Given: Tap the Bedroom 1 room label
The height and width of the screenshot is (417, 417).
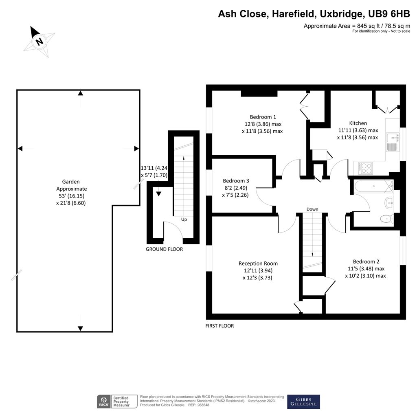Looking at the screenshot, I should pyautogui.click(x=263, y=115).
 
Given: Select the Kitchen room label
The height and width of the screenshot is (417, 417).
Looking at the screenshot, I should pyautogui.click(x=358, y=123).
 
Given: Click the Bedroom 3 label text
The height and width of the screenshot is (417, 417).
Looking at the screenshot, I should pyautogui.click(x=236, y=181).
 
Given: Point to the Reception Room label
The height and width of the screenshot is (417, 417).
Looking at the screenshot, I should pyautogui.click(x=258, y=263).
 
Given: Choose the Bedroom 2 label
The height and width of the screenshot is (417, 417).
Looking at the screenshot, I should pyautogui.click(x=366, y=261).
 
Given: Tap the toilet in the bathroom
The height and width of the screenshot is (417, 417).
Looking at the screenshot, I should pyautogui.click(x=386, y=219).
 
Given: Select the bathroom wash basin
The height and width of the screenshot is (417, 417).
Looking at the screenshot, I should pyautogui.click(x=389, y=202).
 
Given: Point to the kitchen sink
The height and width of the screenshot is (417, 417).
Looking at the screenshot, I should pyautogui.click(x=393, y=140).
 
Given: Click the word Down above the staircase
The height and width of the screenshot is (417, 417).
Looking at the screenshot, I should pyautogui.click(x=312, y=209).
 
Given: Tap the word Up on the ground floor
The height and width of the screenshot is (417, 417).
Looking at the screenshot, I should pyautogui.click(x=184, y=219).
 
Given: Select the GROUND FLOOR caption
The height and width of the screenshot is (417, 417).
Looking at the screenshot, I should pyautogui.click(x=164, y=249).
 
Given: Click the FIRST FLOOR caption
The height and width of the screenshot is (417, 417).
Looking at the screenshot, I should pyautogui.click(x=220, y=326).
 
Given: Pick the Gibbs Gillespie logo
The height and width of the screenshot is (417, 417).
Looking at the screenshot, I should pyautogui.click(x=303, y=402).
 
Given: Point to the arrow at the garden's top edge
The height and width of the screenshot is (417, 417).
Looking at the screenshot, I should pyautogui.click(x=81, y=94).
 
